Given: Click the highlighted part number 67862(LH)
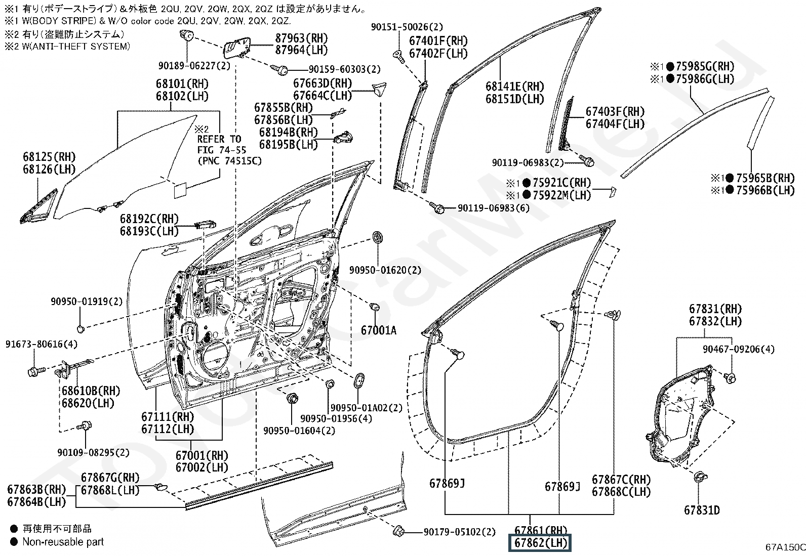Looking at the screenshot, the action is click(540, 543).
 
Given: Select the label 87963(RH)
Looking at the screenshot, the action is click(302, 38).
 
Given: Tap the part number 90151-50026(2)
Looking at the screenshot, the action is click(407, 27).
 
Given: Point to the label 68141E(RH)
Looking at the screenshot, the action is click(515, 87).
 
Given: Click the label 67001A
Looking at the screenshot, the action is click(379, 330).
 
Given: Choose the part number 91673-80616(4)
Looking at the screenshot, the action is click(42, 344).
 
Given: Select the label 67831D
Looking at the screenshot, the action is click(702, 510).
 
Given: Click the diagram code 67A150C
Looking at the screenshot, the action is click(785, 547).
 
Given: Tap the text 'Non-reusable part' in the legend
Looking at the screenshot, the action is click(63, 542).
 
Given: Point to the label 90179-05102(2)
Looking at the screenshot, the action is click(460, 532).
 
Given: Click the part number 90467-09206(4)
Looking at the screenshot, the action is click(739, 349).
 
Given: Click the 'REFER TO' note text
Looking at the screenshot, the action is click(219, 139).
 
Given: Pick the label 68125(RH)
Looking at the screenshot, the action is click(49, 157).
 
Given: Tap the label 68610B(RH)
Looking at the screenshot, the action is click(91, 391).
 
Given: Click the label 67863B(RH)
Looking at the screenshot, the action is click(36, 489).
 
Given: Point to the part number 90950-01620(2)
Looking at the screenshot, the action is click(385, 270).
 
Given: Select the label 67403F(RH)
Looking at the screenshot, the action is click(615, 111).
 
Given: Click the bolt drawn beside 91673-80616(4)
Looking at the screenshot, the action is click(35, 370).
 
